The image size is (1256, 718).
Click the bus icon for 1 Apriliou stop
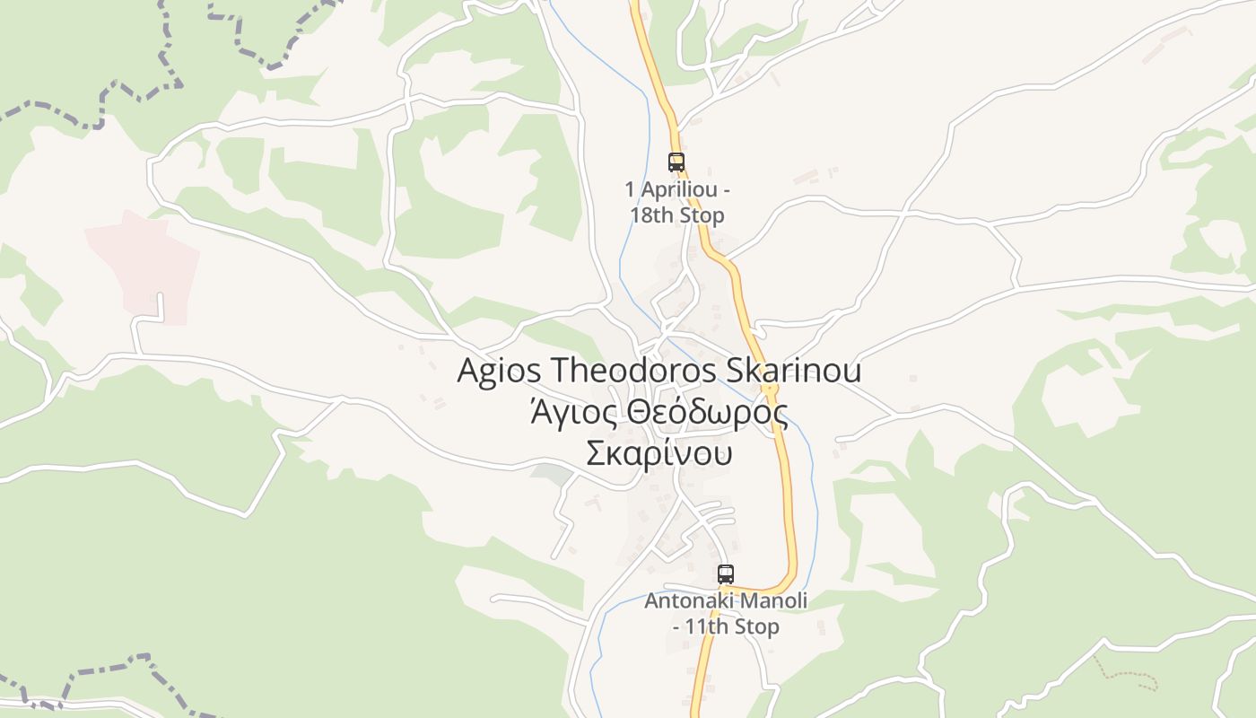point(676,162)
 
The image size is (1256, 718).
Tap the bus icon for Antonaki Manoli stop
point(726,574)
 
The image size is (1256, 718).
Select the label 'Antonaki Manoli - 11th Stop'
point(726,613)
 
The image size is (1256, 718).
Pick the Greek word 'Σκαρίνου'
point(659,453)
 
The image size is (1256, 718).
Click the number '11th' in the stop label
point(704,626)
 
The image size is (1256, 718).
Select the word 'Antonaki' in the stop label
point(683,600)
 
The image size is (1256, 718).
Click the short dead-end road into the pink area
point(161,305)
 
